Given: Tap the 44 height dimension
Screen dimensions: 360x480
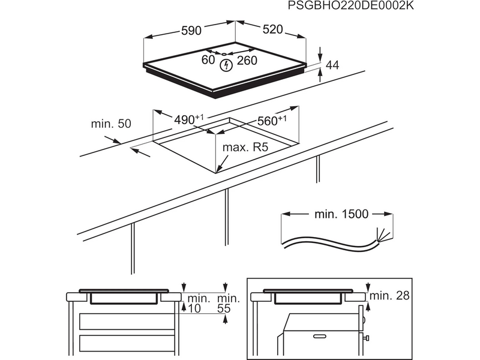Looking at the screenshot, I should [332, 65].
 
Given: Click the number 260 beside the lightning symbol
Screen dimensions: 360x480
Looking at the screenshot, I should [247, 61].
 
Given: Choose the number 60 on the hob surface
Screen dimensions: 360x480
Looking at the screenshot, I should [208, 60].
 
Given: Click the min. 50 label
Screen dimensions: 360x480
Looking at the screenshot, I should [110, 124].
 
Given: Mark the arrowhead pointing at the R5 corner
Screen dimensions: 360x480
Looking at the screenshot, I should [220, 170].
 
